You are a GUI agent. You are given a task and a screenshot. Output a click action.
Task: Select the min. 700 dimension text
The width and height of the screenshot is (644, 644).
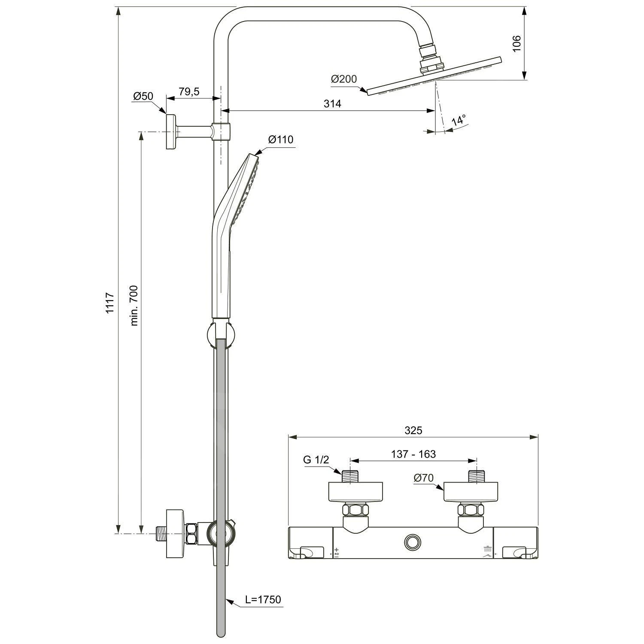coord(134,305)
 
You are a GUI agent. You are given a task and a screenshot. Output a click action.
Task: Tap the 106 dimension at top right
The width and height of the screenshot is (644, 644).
coord(516,43)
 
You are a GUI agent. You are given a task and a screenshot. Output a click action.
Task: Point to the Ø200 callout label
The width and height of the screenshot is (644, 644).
coord(343,79)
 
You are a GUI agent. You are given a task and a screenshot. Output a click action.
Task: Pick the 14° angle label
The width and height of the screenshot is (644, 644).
coord(459,121)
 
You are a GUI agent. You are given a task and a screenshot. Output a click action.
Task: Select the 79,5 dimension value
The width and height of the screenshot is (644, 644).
coord(189,92)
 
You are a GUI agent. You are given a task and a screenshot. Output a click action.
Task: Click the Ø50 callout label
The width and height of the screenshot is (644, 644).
coord(143,96)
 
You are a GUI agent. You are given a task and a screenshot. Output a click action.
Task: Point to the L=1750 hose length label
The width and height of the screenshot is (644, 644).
coord(263,599)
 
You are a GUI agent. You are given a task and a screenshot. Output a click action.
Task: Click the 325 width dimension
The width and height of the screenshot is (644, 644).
coord(413,430)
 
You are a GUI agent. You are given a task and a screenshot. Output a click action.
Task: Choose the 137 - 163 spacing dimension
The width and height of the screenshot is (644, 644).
coord(413,454)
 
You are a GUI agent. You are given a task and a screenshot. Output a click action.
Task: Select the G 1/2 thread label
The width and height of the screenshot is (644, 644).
coord(316,460)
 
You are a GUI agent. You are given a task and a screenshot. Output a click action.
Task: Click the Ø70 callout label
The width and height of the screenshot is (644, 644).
coord(424,478)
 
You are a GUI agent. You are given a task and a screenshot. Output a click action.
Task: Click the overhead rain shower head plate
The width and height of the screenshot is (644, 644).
coord(434,76)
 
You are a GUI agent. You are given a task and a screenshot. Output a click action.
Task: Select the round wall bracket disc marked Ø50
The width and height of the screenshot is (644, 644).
coord(171,132)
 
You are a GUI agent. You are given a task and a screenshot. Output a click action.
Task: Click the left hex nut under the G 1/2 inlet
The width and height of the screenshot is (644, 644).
coord(355,510)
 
